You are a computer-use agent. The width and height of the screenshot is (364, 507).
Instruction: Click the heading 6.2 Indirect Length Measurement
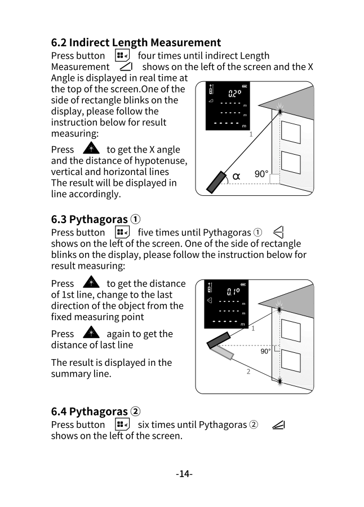coord(136,42)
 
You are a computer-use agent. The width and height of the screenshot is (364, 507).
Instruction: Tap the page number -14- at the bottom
coord(184,474)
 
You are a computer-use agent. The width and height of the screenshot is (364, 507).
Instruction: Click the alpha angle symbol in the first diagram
coord(236,176)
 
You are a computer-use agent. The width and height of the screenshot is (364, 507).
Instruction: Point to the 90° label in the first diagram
coord(261,174)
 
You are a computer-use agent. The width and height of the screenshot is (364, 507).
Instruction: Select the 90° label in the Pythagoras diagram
coord(265,351)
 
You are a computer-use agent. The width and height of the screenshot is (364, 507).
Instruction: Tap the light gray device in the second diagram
coord(223,353)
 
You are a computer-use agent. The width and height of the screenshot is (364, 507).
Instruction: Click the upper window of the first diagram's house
coord(290,133)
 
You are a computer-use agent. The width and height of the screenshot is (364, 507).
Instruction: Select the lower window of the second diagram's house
coord(290,361)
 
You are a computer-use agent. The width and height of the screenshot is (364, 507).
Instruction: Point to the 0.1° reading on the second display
coord(233,292)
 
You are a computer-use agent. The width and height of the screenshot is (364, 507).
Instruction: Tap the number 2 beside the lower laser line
coord(248,372)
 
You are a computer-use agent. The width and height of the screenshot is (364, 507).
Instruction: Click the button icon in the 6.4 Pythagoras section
coord(122,425)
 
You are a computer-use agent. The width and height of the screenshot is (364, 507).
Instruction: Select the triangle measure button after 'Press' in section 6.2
coord(91,149)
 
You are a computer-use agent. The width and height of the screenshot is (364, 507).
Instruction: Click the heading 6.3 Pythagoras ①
coord(96,219)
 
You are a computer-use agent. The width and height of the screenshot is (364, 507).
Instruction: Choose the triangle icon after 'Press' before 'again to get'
coord(91,334)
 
